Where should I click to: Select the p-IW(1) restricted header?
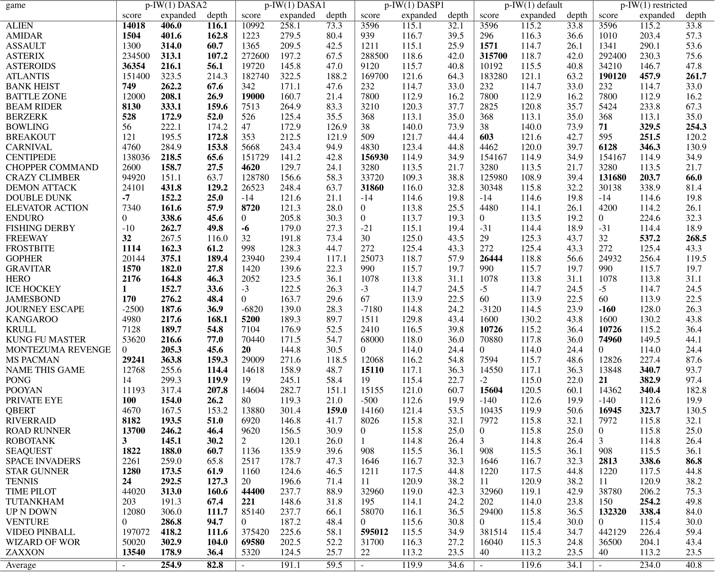653,5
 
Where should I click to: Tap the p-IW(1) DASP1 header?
414,5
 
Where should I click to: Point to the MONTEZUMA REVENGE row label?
58,350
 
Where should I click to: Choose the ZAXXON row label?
25,552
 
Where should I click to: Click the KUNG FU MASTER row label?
46,340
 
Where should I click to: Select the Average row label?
21,565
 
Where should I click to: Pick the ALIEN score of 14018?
133,26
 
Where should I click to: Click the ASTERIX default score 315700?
493,56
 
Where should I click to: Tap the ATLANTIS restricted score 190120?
613,76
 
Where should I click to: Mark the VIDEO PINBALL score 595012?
374,532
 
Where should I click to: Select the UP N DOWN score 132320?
613,512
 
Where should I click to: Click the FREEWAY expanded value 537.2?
649,238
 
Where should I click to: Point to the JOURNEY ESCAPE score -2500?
133,309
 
